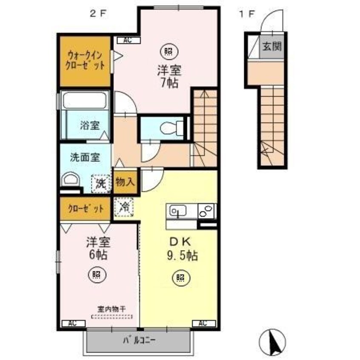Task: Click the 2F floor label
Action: point(97,13)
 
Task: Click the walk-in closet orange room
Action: point(85,61)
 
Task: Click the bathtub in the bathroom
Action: point(84,100)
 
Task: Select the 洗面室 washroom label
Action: point(85,157)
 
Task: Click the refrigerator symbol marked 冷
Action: point(125,208)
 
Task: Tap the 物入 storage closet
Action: point(125,182)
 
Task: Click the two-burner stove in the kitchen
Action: point(207,211)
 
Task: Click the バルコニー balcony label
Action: point(139,340)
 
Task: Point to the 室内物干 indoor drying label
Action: point(112,309)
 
